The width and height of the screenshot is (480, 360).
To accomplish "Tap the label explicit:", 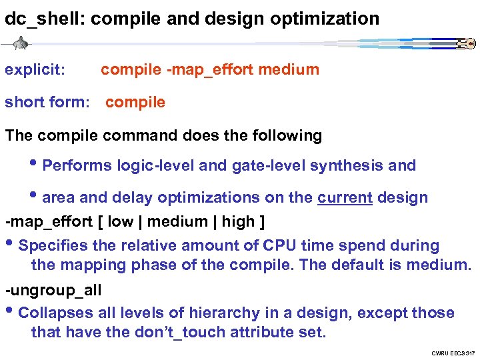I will (x=35, y=69).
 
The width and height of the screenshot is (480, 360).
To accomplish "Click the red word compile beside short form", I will (x=135, y=102).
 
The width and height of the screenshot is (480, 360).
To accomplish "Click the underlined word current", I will (x=345, y=197).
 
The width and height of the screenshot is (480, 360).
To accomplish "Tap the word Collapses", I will (x=53, y=313).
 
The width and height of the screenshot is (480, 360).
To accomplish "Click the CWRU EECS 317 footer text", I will (x=453, y=352).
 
